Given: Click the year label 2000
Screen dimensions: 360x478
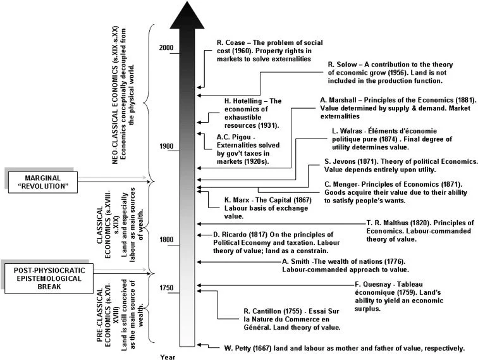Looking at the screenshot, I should tap(167, 49).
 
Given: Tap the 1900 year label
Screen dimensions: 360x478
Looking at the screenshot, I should tap(167, 147).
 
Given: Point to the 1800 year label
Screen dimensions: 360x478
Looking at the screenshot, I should tap(167, 240).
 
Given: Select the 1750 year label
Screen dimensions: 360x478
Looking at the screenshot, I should tap(167, 289).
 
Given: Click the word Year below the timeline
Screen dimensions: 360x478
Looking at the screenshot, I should tap(168, 357).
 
